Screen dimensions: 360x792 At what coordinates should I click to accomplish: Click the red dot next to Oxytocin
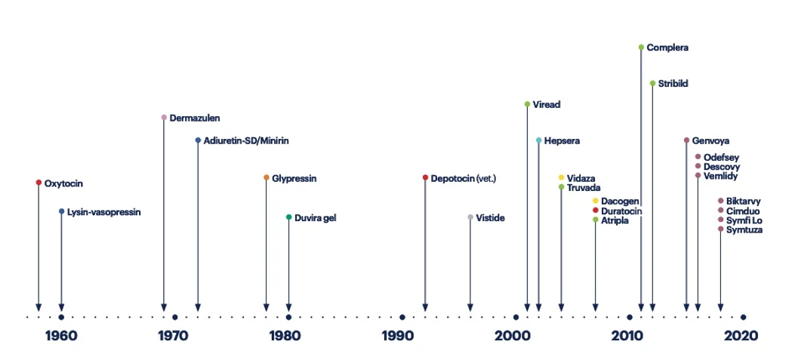tap(39, 183)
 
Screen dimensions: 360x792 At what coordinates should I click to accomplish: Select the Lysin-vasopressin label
tap(103, 212)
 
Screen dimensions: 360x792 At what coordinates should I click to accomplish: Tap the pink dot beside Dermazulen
tap(164, 118)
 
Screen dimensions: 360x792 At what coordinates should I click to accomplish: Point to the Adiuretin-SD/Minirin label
tap(246, 140)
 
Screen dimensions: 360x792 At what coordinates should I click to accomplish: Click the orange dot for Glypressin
tap(266, 178)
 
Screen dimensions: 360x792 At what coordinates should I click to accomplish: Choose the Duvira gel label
tap(315, 217)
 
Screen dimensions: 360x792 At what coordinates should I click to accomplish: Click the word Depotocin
tap(452, 178)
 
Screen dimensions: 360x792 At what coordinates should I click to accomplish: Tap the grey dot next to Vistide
tap(470, 217)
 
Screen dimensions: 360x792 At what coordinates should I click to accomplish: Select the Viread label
tap(547, 104)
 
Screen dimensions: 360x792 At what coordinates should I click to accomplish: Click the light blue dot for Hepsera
tap(538, 140)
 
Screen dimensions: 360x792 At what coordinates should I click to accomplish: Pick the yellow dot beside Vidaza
tap(561, 178)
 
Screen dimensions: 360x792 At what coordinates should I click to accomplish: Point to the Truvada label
tap(584, 187)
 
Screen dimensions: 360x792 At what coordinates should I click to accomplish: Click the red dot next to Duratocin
tap(595, 211)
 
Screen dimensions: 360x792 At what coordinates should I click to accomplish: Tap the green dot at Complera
tap(641, 48)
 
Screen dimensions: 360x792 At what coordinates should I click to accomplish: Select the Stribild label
tap(673, 84)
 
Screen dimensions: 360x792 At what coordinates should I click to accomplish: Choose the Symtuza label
tap(744, 229)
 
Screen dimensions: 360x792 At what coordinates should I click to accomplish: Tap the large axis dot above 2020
tap(743, 317)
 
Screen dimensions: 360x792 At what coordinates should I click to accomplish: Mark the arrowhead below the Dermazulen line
tap(164, 307)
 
